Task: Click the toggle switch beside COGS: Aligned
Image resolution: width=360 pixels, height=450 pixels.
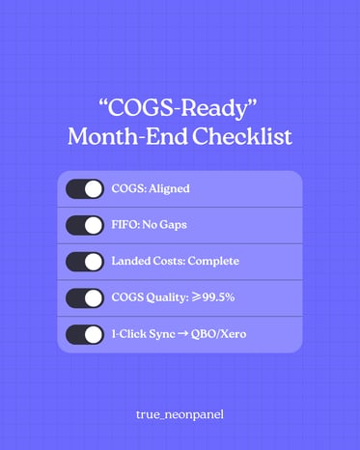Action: click(85, 189)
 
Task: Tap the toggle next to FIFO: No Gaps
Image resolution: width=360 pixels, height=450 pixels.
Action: click(85, 225)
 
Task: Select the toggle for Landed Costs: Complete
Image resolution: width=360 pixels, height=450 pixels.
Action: click(85, 262)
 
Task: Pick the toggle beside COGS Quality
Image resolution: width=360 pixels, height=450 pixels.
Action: click(85, 298)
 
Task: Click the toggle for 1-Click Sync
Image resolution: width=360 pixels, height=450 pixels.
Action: click(85, 335)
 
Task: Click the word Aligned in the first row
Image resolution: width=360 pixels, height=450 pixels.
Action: click(169, 189)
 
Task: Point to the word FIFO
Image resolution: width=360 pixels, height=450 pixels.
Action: click(126, 225)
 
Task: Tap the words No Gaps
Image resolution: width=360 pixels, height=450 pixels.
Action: click(167, 225)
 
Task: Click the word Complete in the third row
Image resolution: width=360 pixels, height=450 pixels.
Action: click(214, 262)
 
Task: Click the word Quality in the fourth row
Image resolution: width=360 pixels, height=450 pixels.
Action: click(170, 298)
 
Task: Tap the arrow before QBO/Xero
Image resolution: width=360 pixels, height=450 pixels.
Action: click(182, 335)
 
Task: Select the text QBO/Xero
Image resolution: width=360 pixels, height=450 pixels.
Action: click(221, 335)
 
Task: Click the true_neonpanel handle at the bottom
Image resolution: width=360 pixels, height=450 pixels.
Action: click(180, 413)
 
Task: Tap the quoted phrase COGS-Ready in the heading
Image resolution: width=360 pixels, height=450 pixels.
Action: click(180, 106)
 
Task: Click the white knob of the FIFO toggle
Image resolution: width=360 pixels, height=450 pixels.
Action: click(94, 225)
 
